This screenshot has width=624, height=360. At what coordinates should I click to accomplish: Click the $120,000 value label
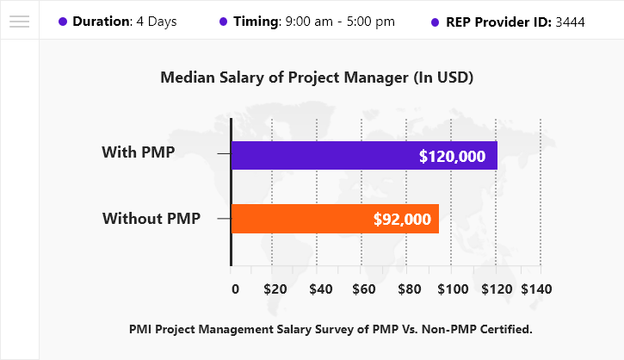click(x=452, y=157)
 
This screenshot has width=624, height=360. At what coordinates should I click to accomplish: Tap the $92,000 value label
click(x=402, y=220)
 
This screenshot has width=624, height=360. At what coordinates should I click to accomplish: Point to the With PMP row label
click(x=139, y=153)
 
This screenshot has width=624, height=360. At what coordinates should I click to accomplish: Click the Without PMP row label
click(x=151, y=219)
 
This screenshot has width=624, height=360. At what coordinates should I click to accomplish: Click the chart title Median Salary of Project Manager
click(x=318, y=78)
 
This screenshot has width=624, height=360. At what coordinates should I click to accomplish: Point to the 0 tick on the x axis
click(x=236, y=289)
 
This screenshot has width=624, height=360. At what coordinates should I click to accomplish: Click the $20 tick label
click(x=275, y=289)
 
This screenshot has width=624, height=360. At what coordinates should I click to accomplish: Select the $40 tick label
click(x=320, y=289)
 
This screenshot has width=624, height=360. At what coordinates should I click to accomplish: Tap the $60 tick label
click(x=364, y=289)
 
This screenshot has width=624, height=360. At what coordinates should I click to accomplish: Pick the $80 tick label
click(x=408, y=289)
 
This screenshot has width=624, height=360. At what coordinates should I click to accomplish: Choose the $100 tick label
click(x=452, y=289)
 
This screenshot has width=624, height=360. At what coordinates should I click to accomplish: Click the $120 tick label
click(x=497, y=289)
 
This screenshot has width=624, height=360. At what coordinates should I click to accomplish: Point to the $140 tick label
click(x=538, y=289)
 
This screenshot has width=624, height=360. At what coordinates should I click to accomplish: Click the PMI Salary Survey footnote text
click(x=331, y=328)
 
